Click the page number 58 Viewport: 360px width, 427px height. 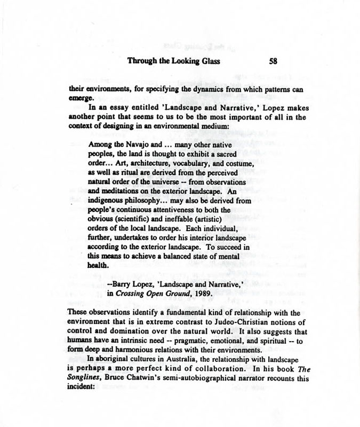pyautogui.click(x=272, y=61)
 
